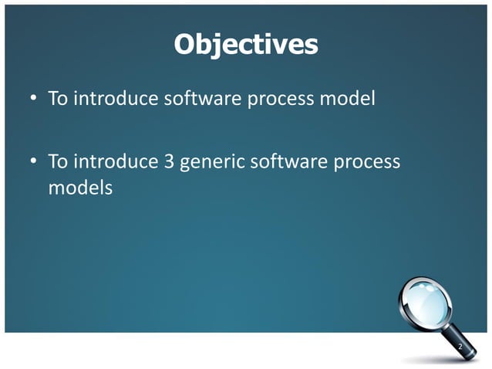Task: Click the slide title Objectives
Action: pos(245,45)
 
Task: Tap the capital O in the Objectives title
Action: pos(186,45)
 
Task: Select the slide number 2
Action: pos(460,348)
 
